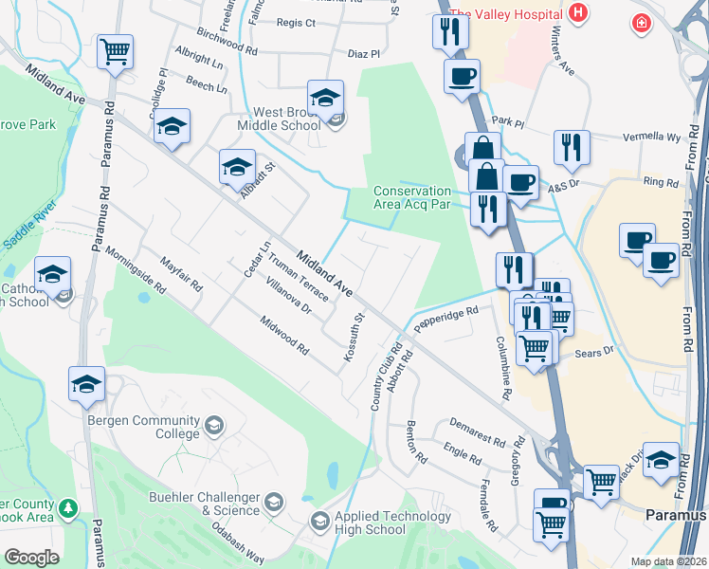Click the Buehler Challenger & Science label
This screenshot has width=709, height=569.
[x=204, y=504]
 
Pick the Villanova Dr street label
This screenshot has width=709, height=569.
[x=289, y=296]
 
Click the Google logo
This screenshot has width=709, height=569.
[x=31, y=557]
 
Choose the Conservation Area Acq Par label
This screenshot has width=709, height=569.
[x=411, y=196]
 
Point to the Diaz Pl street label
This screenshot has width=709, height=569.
[x=363, y=54]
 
